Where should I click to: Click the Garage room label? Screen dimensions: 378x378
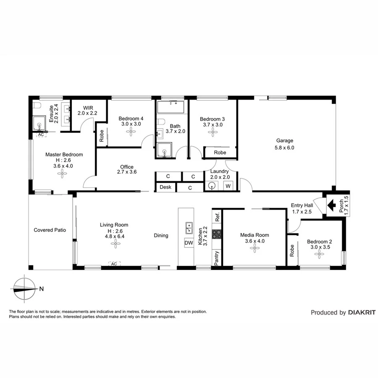pyautogui.click(x=284, y=141)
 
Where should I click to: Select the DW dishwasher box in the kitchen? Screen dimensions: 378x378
pyautogui.click(x=189, y=243)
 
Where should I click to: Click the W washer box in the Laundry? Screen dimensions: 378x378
pyautogui.click(x=228, y=186)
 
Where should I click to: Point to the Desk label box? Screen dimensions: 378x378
pyautogui.click(x=165, y=187)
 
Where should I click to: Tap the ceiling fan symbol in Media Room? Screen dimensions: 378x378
pyautogui.click(x=255, y=249)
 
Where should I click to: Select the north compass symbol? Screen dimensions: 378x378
pyautogui.click(x=24, y=288)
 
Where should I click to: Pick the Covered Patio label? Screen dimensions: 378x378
pyautogui.click(x=50, y=230)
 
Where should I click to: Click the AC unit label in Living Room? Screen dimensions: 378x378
pyautogui.click(x=113, y=264)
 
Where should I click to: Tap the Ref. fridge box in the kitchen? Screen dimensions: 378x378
pyautogui.click(x=217, y=218)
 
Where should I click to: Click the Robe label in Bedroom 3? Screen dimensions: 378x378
pyautogui.click(x=219, y=152)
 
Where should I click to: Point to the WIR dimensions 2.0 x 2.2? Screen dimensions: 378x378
pyautogui.click(x=87, y=113)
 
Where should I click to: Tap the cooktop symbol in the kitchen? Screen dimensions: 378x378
pyautogui.click(x=217, y=234)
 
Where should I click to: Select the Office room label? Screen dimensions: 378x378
pyautogui.click(x=126, y=167)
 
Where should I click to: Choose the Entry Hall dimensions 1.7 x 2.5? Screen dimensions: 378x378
pyautogui.click(x=302, y=212)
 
